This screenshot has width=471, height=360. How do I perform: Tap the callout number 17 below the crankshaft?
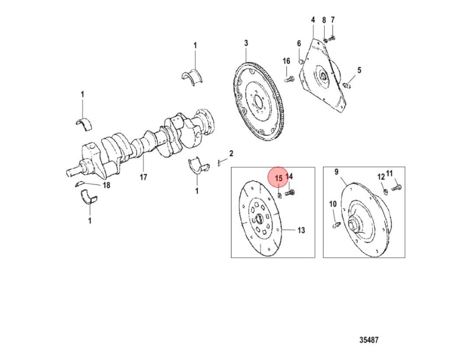click(x=144, y=177)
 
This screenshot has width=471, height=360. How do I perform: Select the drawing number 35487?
click(x=369, y=340)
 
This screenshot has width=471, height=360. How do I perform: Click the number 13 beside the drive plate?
click(x=301, y=230)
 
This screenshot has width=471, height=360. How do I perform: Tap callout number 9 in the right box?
click(x=336, y=172)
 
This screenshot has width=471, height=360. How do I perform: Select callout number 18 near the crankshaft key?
click(x=106, y=185)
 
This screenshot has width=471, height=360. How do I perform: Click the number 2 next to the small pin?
click(x=231, y=154)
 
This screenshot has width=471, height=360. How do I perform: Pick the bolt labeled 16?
click(x=289, y=80)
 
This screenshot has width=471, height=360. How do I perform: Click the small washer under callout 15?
click(x=279, y=196)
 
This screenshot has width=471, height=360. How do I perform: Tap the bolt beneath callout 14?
click(x=290, y=192)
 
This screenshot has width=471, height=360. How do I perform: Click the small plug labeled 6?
click(x=300, y=61)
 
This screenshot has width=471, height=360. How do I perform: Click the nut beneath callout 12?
click(x=386, y=191)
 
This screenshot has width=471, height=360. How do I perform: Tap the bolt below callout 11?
click(x=397, y=188)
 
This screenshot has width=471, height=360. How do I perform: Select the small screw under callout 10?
click(x=336, y=225)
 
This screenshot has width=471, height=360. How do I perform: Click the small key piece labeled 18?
click(x=79, y=184)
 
